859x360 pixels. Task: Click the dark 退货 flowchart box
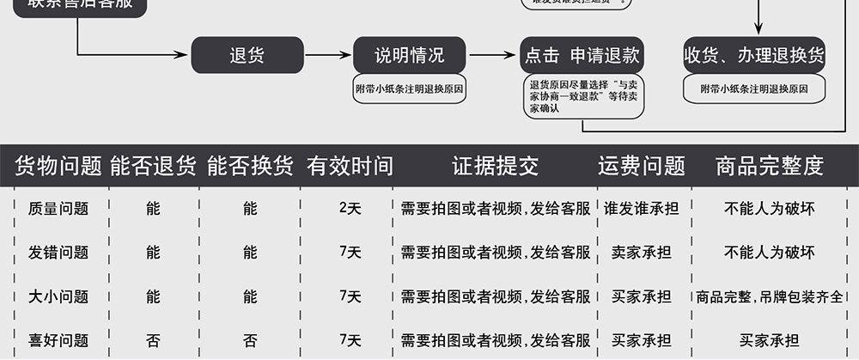[x=247, y=56]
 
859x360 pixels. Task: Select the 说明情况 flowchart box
[x=410, y=56]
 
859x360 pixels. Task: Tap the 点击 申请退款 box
[x=582, y=56]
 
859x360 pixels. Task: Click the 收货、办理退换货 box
[x=753, y=56]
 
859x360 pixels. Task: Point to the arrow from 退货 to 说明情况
[x=328, y=56]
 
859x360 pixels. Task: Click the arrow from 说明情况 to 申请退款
[x=492, y=56]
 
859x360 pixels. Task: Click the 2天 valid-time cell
[x=350, y=209]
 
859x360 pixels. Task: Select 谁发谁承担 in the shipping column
[x=642, y=209]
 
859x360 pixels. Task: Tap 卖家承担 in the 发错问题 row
[x=642, y=253]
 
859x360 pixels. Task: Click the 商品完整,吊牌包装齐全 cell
[x=770, y=296]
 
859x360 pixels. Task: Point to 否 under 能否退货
[x=153, y=340]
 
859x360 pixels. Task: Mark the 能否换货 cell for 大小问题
[x=250, y=296]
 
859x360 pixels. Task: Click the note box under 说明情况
[x=410, y=88]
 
